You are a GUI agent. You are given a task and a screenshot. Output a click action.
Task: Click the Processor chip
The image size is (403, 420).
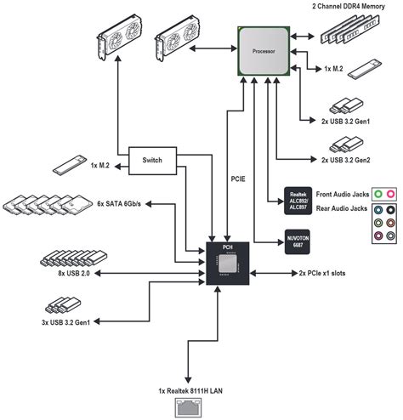point(264,51)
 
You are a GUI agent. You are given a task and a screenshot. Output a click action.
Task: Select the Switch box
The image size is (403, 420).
point(152,161)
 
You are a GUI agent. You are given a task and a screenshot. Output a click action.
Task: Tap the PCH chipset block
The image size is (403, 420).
point(228,264)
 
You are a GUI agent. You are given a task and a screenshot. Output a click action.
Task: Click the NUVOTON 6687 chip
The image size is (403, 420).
point(298,241)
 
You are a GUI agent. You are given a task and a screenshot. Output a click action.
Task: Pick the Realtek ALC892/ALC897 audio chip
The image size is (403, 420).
point(298,201)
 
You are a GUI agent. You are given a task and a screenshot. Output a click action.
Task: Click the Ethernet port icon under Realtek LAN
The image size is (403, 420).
point(188,407)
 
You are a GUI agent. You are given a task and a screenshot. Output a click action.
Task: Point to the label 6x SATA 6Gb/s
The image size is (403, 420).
point(119,204)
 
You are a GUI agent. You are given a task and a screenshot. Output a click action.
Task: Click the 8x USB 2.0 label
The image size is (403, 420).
point(74,274)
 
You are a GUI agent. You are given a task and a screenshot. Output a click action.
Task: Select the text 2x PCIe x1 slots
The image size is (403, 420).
point(322,273)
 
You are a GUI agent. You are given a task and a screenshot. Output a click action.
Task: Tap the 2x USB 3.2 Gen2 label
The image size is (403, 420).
point(346,160)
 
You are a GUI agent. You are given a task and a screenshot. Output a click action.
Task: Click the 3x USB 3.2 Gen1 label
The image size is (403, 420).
point(65,322)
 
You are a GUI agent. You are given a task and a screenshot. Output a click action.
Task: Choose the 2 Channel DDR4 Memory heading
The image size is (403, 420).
point(349,6)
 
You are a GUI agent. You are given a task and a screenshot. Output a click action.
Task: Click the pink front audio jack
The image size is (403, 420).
point(390,194)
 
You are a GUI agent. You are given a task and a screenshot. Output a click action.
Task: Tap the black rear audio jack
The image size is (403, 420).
point(390,210)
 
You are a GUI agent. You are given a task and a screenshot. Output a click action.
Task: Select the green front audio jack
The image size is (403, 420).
point(378,194)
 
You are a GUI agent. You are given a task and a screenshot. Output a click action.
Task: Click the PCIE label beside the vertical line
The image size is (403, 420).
point(238,179)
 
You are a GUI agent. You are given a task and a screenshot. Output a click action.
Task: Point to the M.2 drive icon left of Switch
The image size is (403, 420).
point(70,165)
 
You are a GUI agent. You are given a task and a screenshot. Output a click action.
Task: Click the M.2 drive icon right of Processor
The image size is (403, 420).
point(365,69)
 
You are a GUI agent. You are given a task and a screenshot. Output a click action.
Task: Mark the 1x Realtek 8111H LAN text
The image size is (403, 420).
point(190,391)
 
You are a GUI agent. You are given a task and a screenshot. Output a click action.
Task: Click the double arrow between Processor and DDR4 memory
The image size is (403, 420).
point(302,37)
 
